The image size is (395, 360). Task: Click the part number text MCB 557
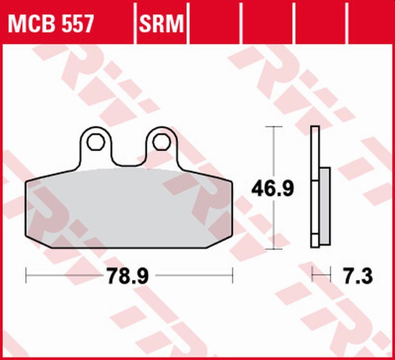[51, 23]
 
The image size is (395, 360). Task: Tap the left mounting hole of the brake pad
[95, 142]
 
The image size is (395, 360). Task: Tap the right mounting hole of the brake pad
[161, 142]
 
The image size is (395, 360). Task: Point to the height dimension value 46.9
[272, 189]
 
